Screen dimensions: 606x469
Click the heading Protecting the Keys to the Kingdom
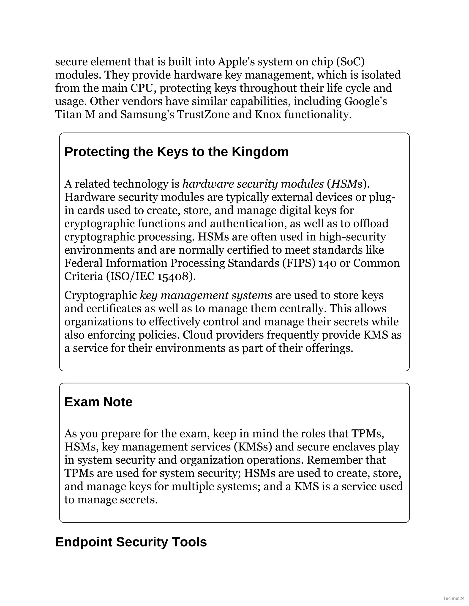point(176,152)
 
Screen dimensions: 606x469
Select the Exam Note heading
point(98,402)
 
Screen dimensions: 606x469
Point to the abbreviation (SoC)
point(350,62)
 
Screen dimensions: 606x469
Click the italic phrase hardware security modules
point(253,184)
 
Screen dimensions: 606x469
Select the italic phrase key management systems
point(206,295)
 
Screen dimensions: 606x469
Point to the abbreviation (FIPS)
point(299,263)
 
